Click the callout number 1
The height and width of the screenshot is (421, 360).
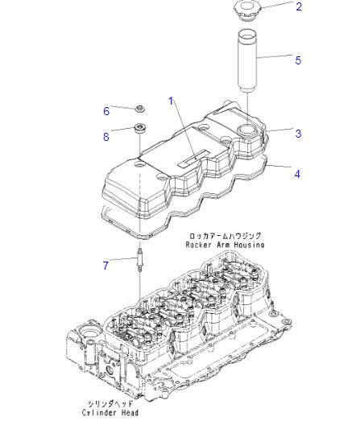pos(171,101)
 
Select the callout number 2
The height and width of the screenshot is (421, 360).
pos(299,6)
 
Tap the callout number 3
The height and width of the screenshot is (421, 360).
pos(298,134)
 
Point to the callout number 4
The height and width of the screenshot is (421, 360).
pos(297,174)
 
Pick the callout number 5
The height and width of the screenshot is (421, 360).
pos(298,60)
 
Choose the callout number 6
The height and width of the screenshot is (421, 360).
pos(106,111)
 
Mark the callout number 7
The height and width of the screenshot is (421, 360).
pos(106,266)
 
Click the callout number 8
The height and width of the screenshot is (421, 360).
pos(106,137)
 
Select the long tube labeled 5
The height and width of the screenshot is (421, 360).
pos(248,60)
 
